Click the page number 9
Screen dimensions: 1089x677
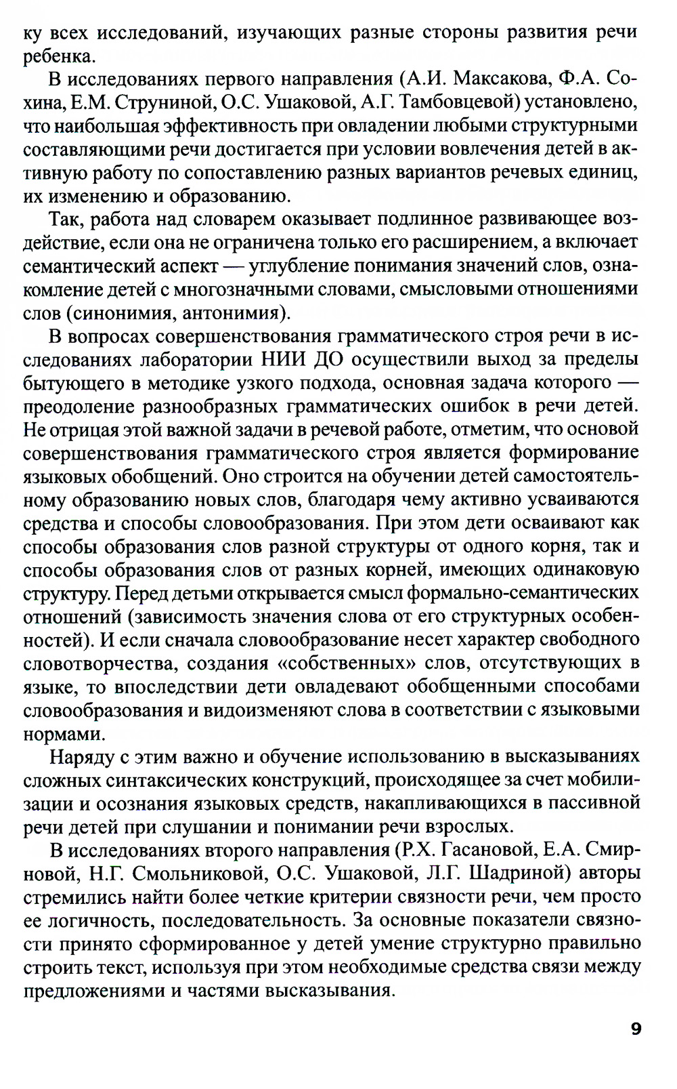[x=635, y=1029]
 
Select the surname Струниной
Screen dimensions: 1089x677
[x=160, y=102]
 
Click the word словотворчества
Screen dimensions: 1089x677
[x=91, y=663]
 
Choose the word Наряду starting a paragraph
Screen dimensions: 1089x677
[x=81, y=756]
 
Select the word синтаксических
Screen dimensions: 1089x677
[x=177, y=780]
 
